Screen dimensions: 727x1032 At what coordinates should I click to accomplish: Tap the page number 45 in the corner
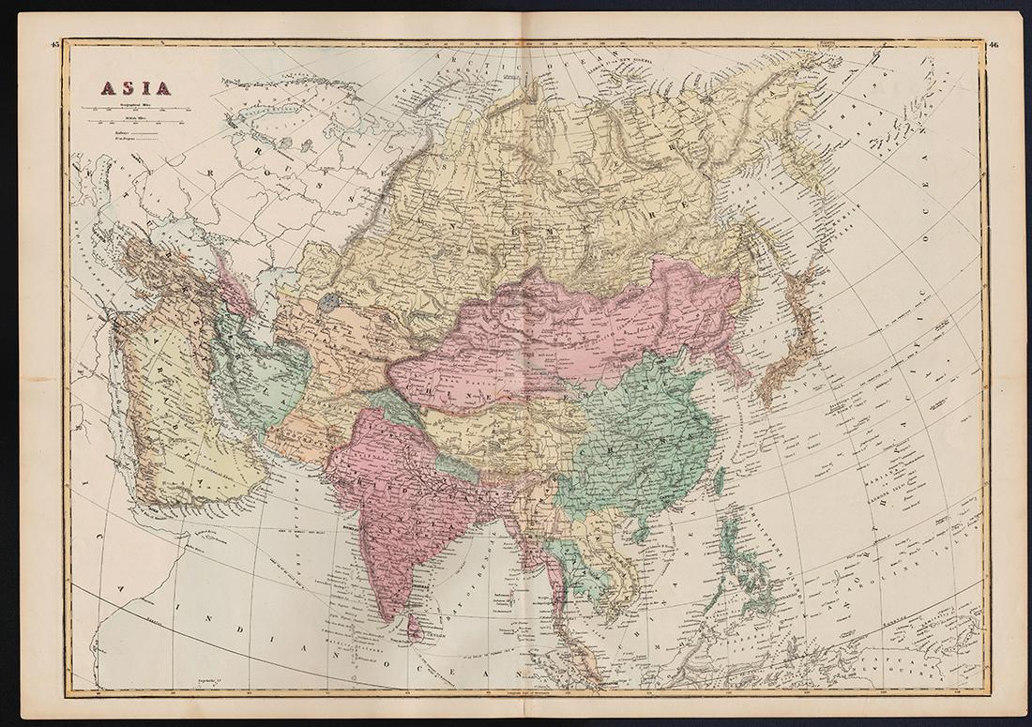coord(55,44)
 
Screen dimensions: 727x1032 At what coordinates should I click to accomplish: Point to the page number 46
coord(994,44)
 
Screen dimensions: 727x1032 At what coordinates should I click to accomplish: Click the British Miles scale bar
coord(131,124)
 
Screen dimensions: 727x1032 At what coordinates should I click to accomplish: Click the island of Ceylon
coord(414,627)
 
